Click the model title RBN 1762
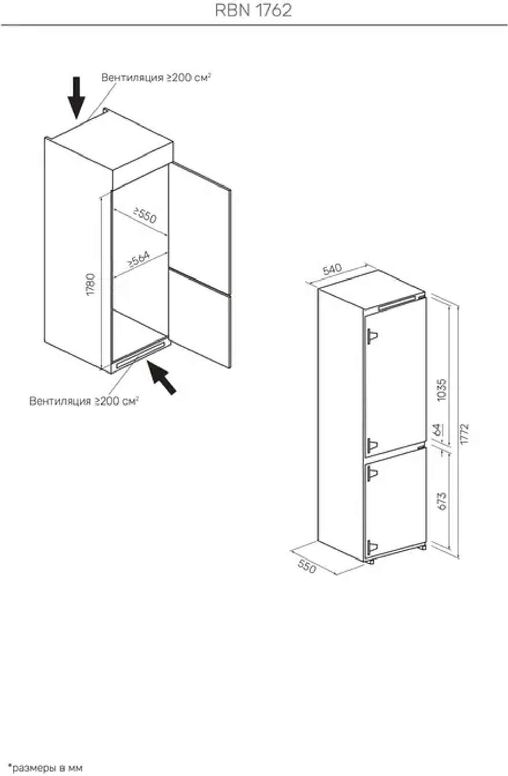click(253, 10)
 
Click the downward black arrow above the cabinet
click(76, 98)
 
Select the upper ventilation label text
click(156, 77)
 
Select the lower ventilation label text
click(84, 401)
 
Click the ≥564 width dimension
click(139, 259)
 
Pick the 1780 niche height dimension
click(91, 285)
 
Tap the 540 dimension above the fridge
click(332, 269)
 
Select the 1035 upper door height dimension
click(442, 390)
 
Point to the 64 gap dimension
click(438, 429)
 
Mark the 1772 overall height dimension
click(464, 433)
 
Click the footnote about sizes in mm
click(45, 768)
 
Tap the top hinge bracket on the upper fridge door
click(372, 336)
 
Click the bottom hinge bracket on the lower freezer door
click(372, 547)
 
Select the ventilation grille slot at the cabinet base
click(140, 355)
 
